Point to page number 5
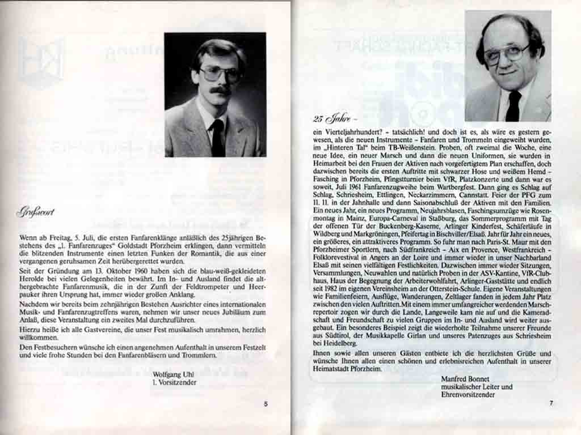pos(266,404)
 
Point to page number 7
pos(550,403)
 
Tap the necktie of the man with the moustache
pos(217,138)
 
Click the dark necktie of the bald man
pos(513,106)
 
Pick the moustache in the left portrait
pos(221,89)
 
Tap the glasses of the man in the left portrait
pos(220,74)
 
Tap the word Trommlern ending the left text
pos(199,355)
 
